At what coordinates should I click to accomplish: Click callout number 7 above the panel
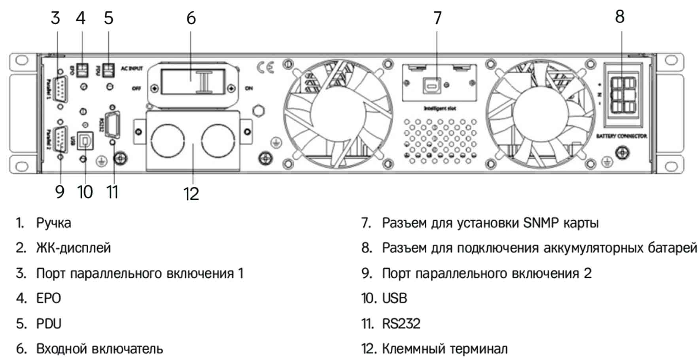pyautogui.click(x=437, y=18)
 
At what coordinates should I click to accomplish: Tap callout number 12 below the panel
pyautogui.click(x=191, y=194)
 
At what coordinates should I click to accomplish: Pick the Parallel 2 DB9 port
pyautogui.click(x=60, y=138)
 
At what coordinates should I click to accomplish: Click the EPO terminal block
pyautogui.click(x=82, y=70)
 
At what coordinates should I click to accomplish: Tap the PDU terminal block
pyautogui.click(x=108, y=70)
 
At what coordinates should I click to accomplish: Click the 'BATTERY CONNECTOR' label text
pyautogui.click(x=621, y=136)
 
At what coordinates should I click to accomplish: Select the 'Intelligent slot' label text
pyautogui.click(x=440, y=108)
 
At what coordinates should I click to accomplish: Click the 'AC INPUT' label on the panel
pyautogui.click(x=132, y=68)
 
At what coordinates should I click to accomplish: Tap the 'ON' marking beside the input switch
pyautogui.click(x=249, y=88)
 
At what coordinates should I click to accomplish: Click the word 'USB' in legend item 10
pyautogui.click(x=394, y=298)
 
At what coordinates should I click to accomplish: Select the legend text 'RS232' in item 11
pyautogui.click(x=401, y=324)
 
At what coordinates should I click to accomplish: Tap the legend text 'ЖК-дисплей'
pyautogui.click(x=74, y=248)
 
